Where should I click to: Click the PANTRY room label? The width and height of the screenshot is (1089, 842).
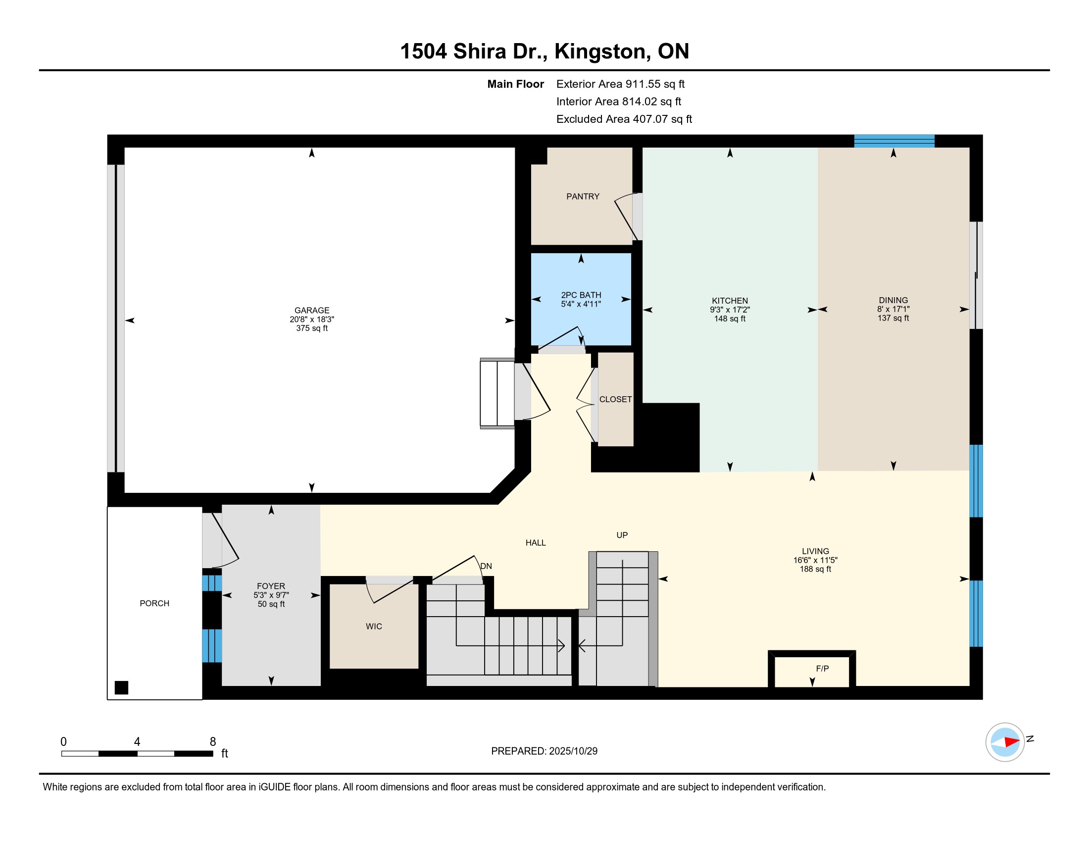[x=583, y=197]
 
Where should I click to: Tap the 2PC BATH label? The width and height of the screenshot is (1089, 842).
[x=581, y=295]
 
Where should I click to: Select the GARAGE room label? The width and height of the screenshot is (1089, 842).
[x=312, y=310]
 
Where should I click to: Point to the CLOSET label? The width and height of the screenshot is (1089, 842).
[x=615, y=399]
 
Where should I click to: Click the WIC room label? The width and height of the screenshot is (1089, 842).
[x=373, y=626]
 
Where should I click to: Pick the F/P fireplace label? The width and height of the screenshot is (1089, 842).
[x=822, y=669]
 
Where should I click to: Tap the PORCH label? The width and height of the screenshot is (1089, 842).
[x=154, y=603]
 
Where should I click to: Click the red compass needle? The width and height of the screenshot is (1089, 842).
[x=1012, y=742]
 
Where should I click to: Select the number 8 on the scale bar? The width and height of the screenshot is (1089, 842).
[x=213, y=742]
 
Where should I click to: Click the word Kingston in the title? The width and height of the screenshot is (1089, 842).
[x=602, y=52]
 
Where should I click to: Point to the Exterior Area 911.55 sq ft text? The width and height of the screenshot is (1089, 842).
[x=620, y=84]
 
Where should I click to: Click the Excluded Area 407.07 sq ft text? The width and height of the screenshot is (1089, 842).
[x=624, y=119]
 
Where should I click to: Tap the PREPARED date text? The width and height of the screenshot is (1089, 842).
[x=544, y=751]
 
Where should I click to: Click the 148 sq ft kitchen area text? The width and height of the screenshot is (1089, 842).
[x=730, y=319]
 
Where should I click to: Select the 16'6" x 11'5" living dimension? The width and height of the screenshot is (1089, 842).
[x=815, y=560]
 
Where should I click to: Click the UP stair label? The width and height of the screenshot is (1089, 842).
[x=622, y=535]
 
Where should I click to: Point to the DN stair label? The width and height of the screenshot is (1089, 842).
[x=486, y=566]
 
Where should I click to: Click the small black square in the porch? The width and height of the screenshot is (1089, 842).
[x=121, y=687]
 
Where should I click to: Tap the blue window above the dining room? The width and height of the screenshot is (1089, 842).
[x=894, y=141]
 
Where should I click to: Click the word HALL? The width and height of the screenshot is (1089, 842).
[x=536, y=543]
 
